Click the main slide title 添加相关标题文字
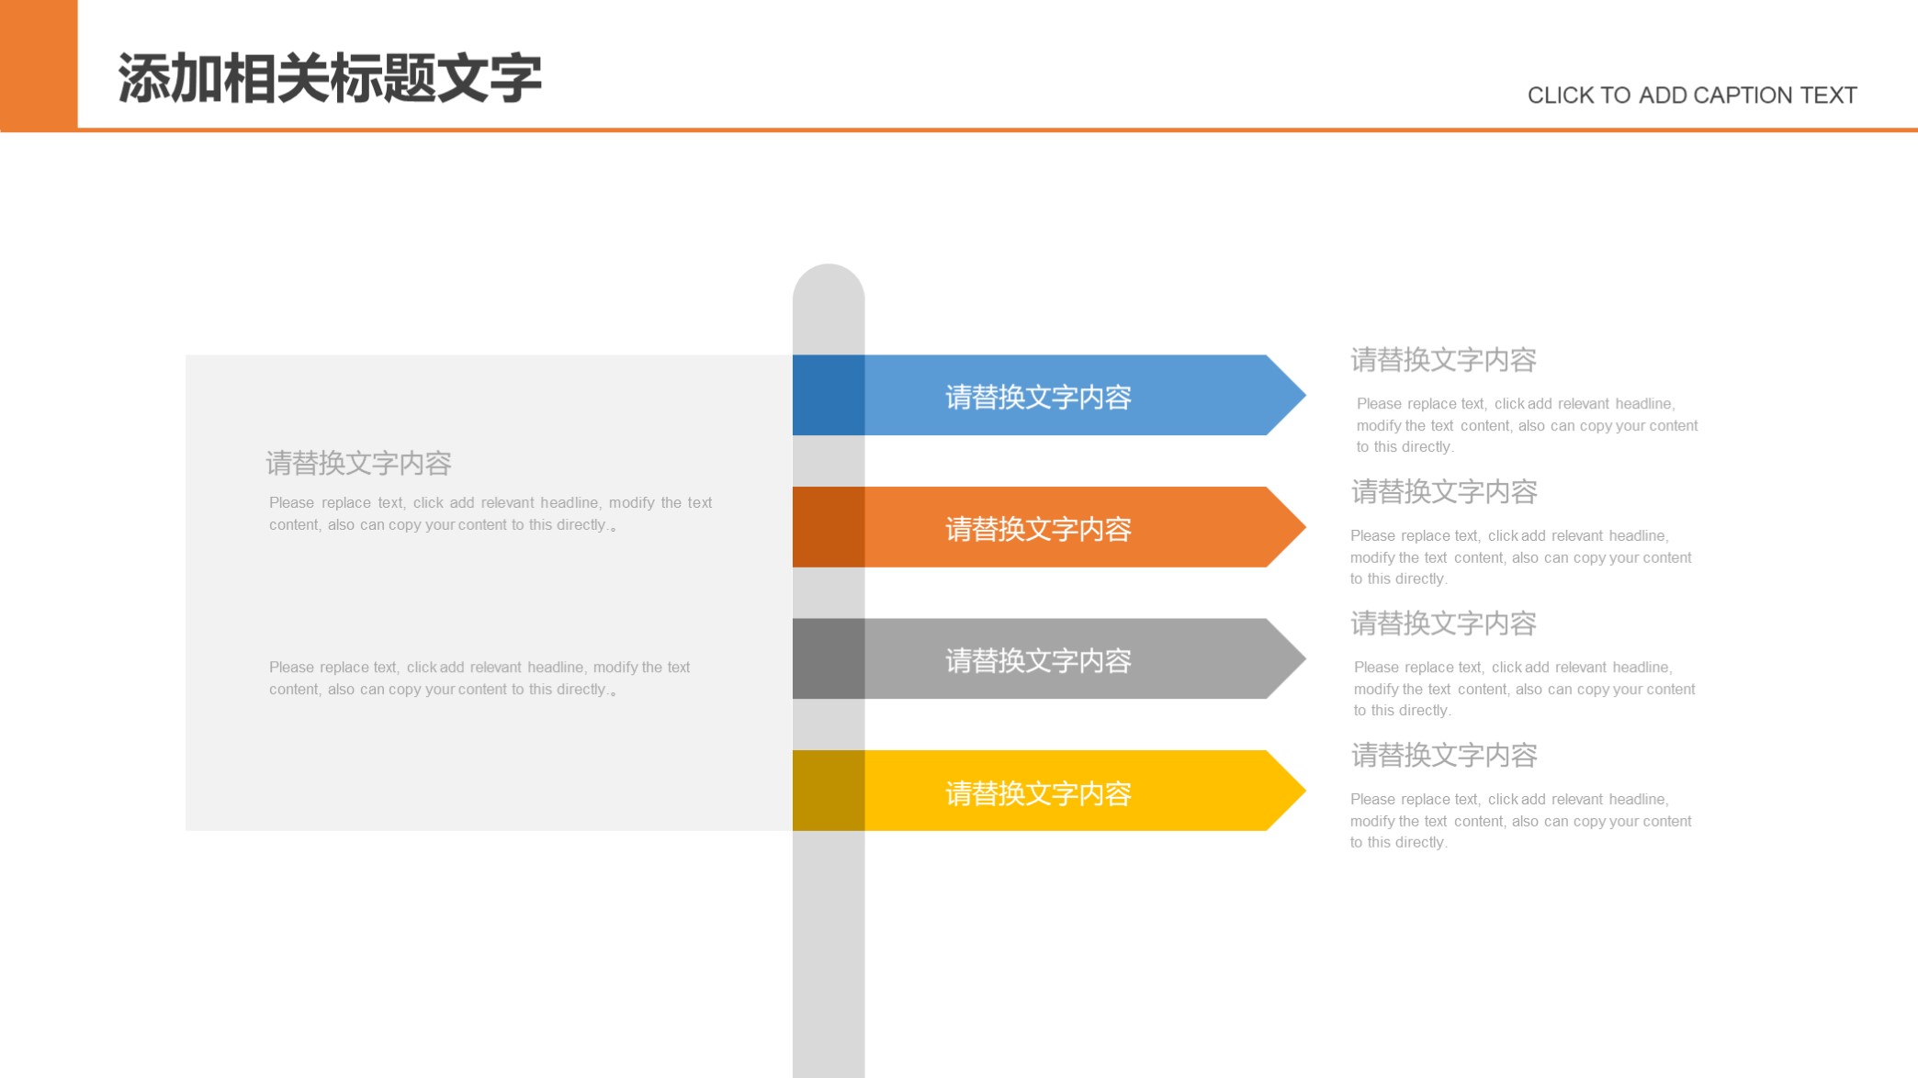click(330, 78)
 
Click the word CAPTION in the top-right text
click(1728, 95)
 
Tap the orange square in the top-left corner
click(39, 65)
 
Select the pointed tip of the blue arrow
click(1305, 395)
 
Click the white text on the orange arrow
click(1038, 529)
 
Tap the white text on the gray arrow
click(1038, 660)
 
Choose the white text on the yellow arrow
click(1038, 793)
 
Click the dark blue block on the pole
click(829, 395)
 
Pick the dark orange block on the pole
click(829, 527)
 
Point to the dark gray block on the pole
click(829, 658)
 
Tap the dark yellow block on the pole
click(829, 791)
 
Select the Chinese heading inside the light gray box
click(358, 463)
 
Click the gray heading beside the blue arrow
click(1443, 360)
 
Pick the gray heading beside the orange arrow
click(1443, 492)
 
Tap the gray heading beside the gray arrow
click(1443, 623)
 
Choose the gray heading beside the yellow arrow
click(1443, 756)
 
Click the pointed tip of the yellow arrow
click(1305, 791)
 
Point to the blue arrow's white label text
click(1038, 397)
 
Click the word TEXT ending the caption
click(1828, 95)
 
